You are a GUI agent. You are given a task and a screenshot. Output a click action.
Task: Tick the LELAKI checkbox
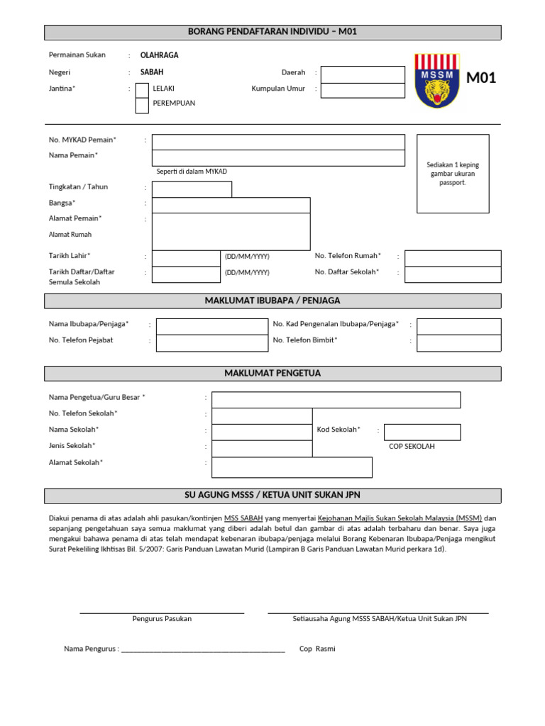point(142,89)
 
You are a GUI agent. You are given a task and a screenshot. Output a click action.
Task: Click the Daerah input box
point(363,74)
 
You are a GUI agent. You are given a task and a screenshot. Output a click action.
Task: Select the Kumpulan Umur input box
point(363,90)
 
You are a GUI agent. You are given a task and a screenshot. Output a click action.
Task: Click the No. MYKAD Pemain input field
point(278,142)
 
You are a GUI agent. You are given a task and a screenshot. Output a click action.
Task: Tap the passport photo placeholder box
point(452,173)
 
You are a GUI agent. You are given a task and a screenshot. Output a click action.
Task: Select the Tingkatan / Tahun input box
point(192,189)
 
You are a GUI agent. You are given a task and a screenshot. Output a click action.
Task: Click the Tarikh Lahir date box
point(186,257)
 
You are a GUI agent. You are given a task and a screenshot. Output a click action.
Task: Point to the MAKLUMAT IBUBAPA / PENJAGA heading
point(272,301)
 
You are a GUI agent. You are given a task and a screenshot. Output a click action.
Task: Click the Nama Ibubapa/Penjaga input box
point(211,326)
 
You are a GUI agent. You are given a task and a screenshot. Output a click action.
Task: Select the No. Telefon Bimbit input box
point(458,342)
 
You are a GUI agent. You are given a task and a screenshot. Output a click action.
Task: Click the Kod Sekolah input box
point(422,432)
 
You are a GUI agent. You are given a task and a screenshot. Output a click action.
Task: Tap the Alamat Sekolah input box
point(292,467)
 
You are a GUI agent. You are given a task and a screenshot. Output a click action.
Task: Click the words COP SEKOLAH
point(412,447)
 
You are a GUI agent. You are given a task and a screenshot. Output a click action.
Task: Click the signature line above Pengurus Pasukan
point(162,612)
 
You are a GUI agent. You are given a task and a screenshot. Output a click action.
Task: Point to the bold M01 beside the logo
point(480,78)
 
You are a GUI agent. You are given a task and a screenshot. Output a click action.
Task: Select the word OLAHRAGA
point(160,55)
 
